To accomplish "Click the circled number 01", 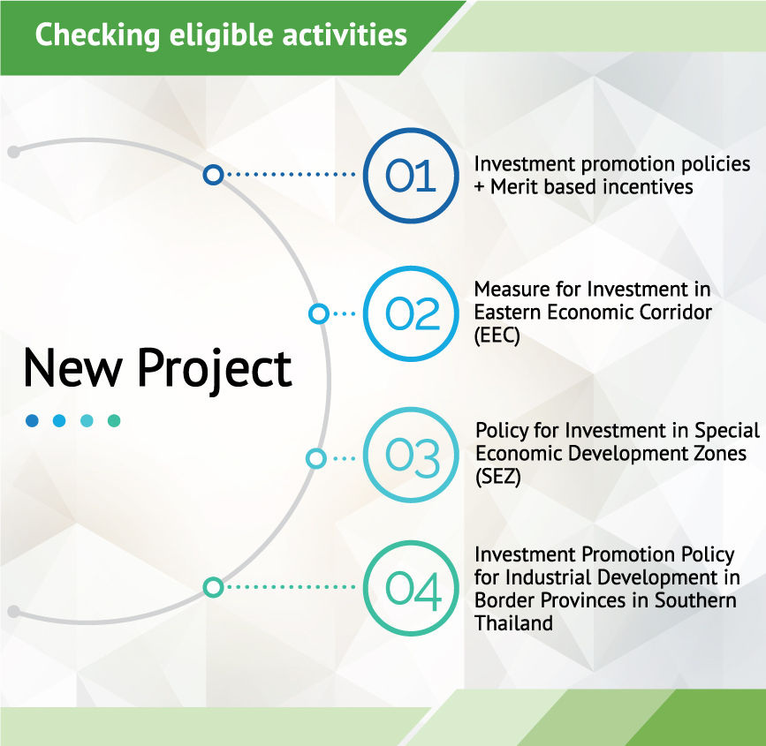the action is click(x=411, y=176).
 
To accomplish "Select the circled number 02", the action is click(x=411, y=313).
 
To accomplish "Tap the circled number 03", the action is click(x=411, y=455).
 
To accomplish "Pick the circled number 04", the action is click(x=411, y=588).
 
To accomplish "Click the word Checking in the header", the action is click(x=97, y=35).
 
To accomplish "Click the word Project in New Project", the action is click(x=215, y=369).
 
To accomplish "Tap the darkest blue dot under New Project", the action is click(x=32, y=420).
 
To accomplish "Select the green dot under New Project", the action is click(x=114, y=420).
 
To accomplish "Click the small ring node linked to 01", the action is click(x=214, y=174).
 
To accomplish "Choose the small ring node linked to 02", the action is click(x=319, y=313).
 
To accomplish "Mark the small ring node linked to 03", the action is click(x=316, y=458).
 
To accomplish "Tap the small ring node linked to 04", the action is click(x=214, y=587).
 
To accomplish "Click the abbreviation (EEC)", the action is click(x=497, y=335).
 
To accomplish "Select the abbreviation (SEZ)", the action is click(x=498, y=477).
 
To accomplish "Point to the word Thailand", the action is click(x=513, y=623).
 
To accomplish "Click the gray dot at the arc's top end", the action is click(x=14, y=152).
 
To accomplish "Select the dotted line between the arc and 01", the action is click(x=292, y=174).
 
